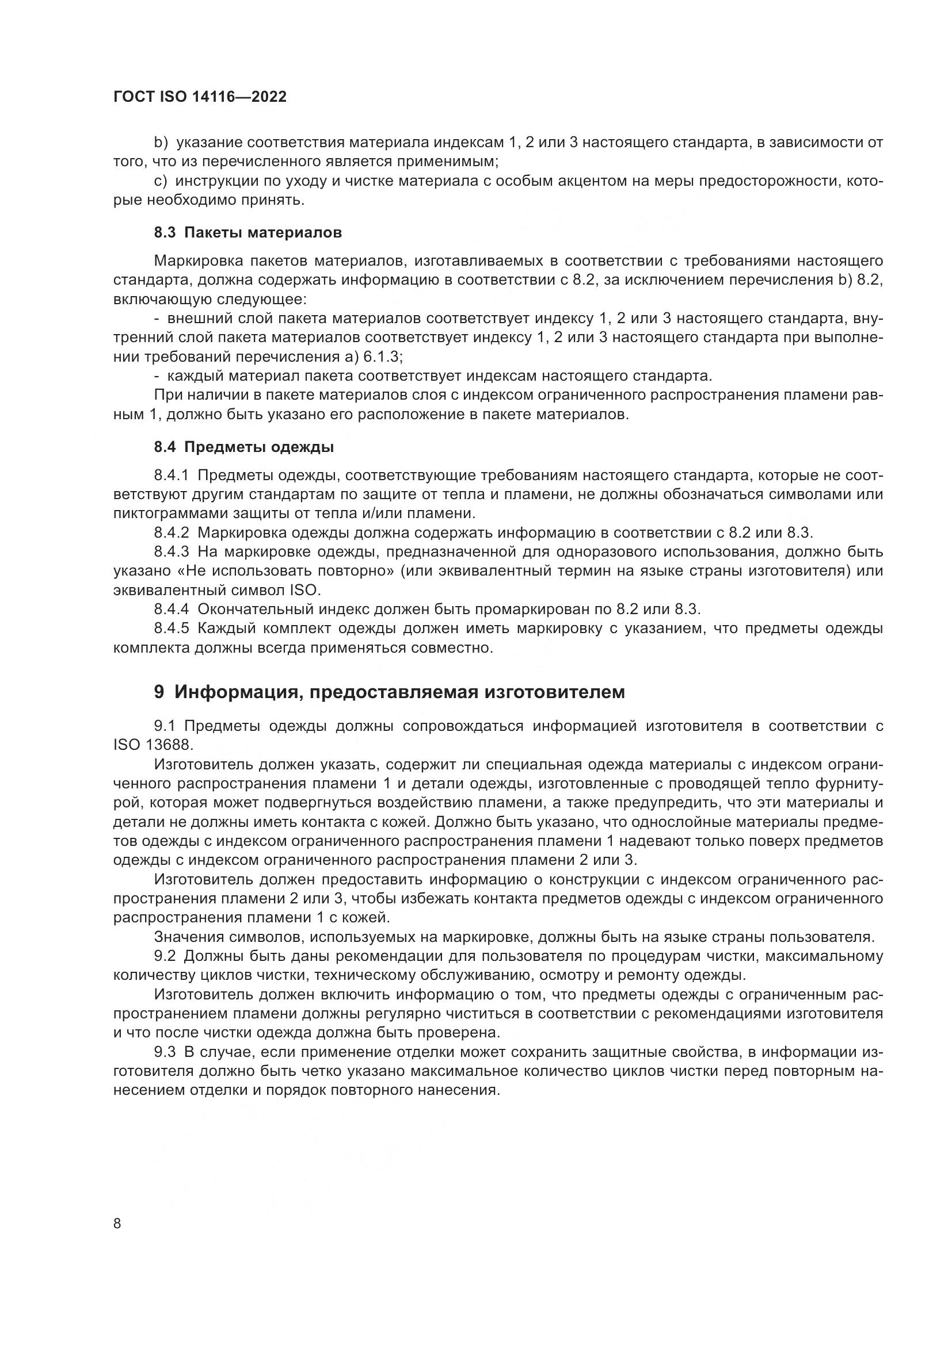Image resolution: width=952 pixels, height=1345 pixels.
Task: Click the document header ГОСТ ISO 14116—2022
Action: click(200, 97)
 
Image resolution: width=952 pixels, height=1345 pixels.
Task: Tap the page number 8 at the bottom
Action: click(117, 1224)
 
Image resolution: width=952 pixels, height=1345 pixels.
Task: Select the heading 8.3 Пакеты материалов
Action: click(248, 232)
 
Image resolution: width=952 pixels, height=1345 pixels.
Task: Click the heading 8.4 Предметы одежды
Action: click(244, 447)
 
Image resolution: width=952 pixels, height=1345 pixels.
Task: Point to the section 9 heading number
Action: click(159, 692)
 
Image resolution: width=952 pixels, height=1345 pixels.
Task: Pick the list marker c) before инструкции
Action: click(161, 181)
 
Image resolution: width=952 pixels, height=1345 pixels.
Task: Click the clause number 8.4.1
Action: click(172, 475)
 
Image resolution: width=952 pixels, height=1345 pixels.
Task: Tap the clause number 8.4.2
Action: click(172, 532)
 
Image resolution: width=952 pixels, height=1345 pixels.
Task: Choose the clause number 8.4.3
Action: click(172, 552)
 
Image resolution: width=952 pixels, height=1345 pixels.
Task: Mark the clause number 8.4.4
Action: click(172, 609)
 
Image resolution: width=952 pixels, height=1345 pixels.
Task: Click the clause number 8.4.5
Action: click(172, 629)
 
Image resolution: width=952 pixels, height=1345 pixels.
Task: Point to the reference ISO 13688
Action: click(153, 745)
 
